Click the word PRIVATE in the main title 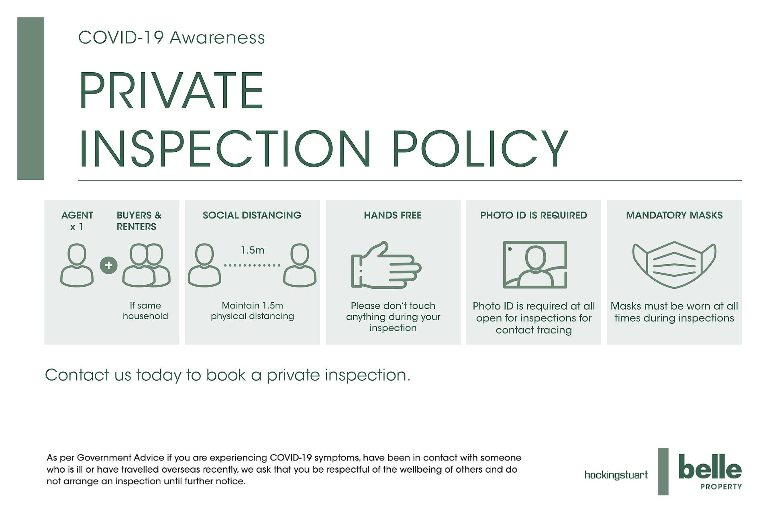[x=171, y=90]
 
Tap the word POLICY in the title [x=480, y=149]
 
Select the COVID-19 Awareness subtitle [x=171, y=38]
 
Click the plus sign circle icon [x=108, y=265]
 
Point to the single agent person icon [x=77, y=265]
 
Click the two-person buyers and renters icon [x=146, y=265]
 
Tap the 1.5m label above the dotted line [x=253, y=250]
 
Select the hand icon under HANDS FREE [x=386, y=265]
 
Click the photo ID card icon [x=535, y=265]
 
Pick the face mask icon [x=674, y=265]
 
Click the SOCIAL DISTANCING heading [x=252, y=215]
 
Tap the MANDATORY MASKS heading [x=674, y=215]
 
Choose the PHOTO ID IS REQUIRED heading [x=534, y=215]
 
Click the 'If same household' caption [x=145, y=311]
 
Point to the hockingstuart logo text [x=616, y=475]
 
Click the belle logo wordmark [x=710, y=467]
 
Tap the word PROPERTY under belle [x=721, y=487]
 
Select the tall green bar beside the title [x=31, y=98]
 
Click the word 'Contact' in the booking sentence [x=77, y=375]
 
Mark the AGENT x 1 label [x=77, y=221]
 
